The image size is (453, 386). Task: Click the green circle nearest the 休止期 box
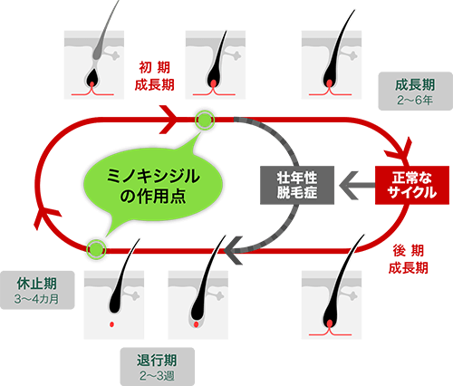click(96, 245)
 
